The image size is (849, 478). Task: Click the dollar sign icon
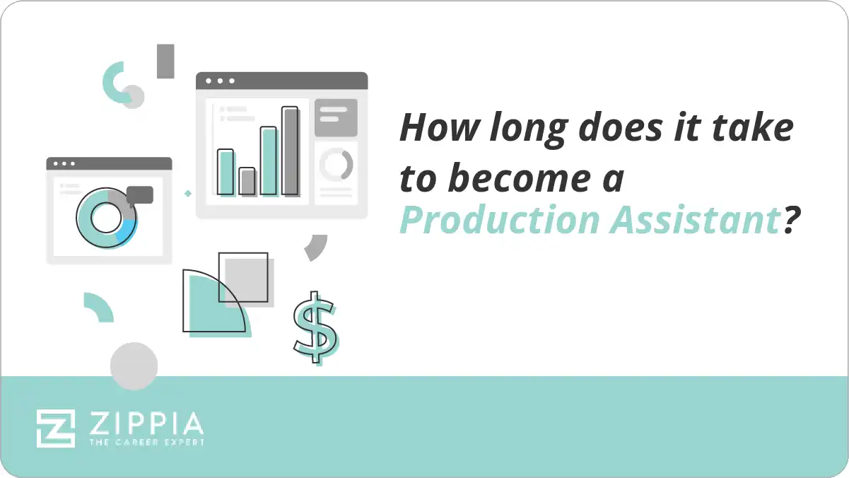(x=315, y=327)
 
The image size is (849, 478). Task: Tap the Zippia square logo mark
(x=56, y=427)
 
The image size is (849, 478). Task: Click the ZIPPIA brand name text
(x=146, y=424)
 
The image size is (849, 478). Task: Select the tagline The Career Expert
(x=146, y=442)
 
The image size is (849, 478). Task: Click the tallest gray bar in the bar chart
(x=290, y=151)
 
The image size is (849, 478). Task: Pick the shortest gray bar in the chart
(x=247, y=181)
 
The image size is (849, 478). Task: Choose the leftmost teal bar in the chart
(x=225, y=172)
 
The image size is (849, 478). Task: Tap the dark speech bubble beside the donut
(x=140, y=195)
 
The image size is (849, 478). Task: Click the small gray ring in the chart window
(x=336, y=165)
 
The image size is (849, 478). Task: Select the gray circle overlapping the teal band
(x=134, y=366)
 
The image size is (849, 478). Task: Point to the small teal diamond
(x=188, y=192)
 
